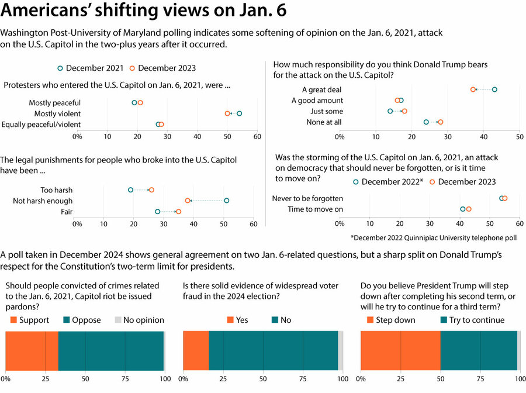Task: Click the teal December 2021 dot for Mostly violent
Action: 239,113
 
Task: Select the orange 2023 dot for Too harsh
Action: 151,190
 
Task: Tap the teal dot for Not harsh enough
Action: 226,201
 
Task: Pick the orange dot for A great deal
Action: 473,89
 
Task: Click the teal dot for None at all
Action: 426,122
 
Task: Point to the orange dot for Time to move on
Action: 469,209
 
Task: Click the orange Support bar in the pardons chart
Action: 32,351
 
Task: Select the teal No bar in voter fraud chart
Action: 274,351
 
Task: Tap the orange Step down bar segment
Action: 400,351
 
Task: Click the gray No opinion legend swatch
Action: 117,320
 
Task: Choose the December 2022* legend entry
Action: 388,182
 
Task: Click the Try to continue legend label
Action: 477,320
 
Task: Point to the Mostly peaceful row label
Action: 55,103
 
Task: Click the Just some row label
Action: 326,112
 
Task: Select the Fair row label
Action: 67,212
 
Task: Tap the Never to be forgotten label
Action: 307,198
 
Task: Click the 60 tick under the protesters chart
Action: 257,137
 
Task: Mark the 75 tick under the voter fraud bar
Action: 303,379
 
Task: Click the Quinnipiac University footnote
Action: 434,238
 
